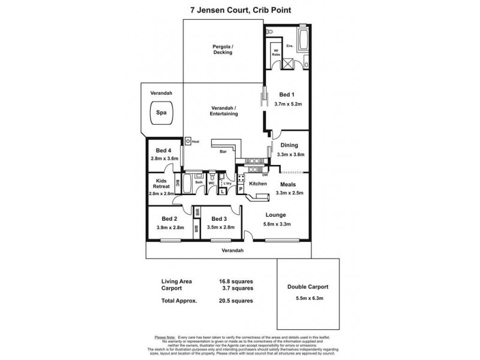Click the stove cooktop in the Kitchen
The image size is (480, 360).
pyautogui.click(x=240, y=179)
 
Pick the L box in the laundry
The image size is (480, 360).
pyautogui.click(x=223, y=191)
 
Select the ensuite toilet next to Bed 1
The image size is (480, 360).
pyautogui.click(x=269, y=30)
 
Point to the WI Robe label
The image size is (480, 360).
pyautogui.click(x=277, y=53)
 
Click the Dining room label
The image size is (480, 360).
pyautogui.click(x=289, y=145)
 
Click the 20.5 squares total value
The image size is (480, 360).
pyautogui.click(x=235, y=301)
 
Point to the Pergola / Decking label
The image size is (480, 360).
pyautogui.click(x=223, y=49)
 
